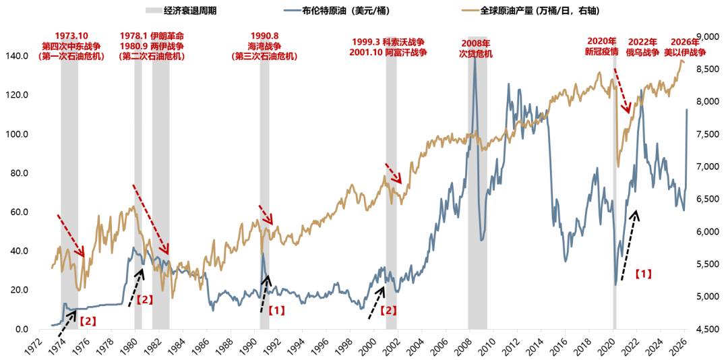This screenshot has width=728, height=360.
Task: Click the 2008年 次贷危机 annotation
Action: coord(476,48)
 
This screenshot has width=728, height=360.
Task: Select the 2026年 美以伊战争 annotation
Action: coord(687,47)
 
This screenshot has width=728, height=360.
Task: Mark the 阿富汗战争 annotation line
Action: coord(389,53)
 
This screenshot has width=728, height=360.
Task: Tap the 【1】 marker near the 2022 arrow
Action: coord(643,274)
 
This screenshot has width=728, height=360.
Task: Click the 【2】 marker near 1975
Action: coord(88,321)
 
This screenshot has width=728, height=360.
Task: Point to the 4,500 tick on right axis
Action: coord(704,330)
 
